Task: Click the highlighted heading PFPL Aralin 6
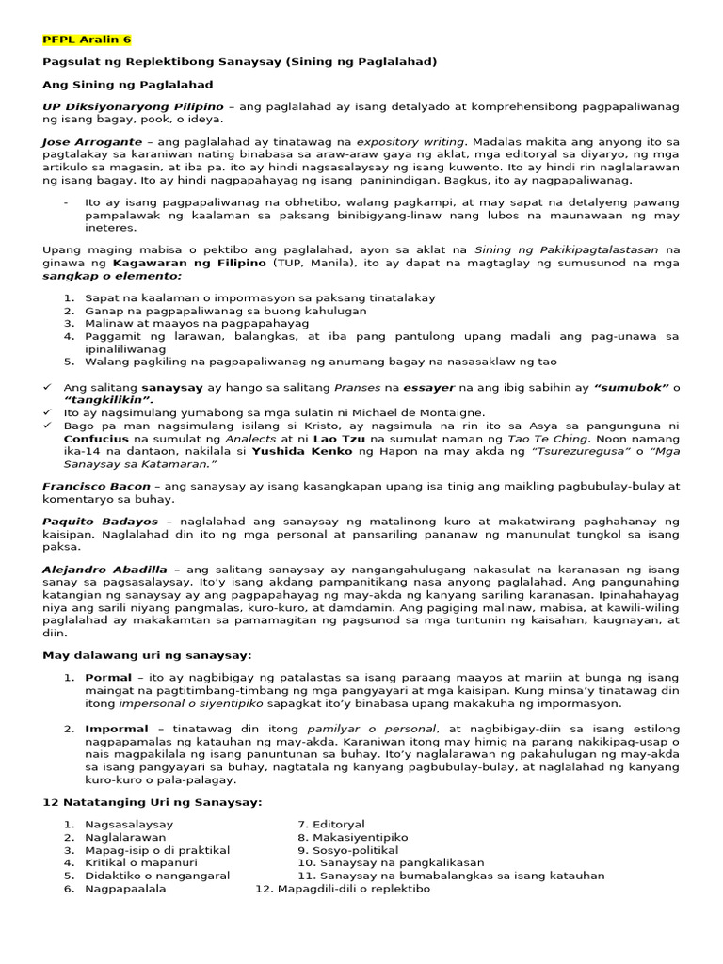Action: pos(87,40)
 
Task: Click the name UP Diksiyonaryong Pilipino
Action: pos(133,107)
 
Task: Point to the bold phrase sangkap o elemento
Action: pos(112,277)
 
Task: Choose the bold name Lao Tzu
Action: pos(335,438)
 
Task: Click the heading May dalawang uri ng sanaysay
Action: pos(147,654)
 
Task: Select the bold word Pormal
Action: pos(108,677)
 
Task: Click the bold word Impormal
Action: pos(117,728)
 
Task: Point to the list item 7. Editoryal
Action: pos(330,824)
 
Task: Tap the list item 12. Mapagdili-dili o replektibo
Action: pos(343,888)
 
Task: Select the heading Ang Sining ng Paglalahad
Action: pos(128,85)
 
